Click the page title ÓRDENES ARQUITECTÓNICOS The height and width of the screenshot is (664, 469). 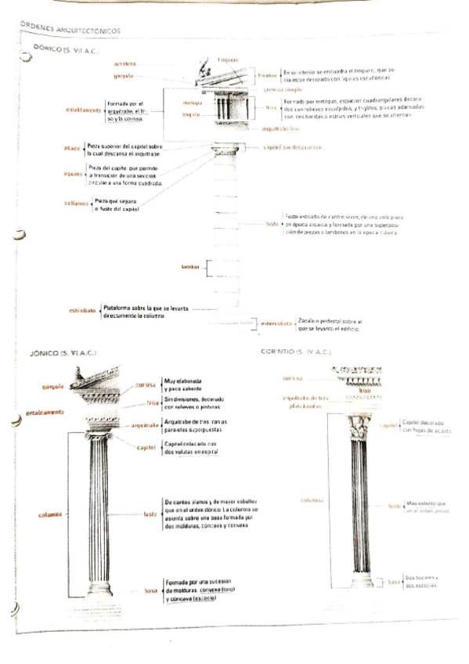click(x=70, y=28)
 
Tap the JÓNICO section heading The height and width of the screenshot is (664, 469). click(x=60, y=355)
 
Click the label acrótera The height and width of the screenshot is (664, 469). click(x=125, y=62)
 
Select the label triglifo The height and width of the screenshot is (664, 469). click(x=192, y=115)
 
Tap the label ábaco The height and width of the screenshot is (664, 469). click(x=71, y=147)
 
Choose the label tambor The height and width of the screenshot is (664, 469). click(x=190, y=267)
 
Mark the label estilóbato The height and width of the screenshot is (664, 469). click(x=82, y=311)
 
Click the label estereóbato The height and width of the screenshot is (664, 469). click(x=276, y=323)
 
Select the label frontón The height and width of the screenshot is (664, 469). click(x=268, y=75)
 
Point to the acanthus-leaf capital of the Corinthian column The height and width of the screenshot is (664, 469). click(x=360, y=428)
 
